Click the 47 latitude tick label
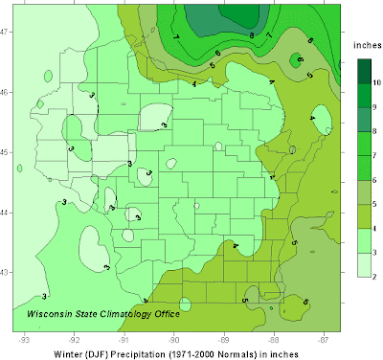5,31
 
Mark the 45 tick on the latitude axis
5,151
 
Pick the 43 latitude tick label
5,273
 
